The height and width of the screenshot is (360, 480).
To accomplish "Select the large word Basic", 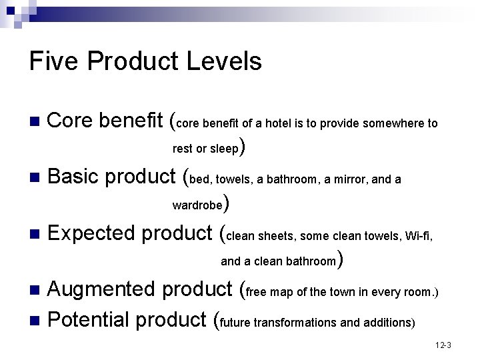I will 74,177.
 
